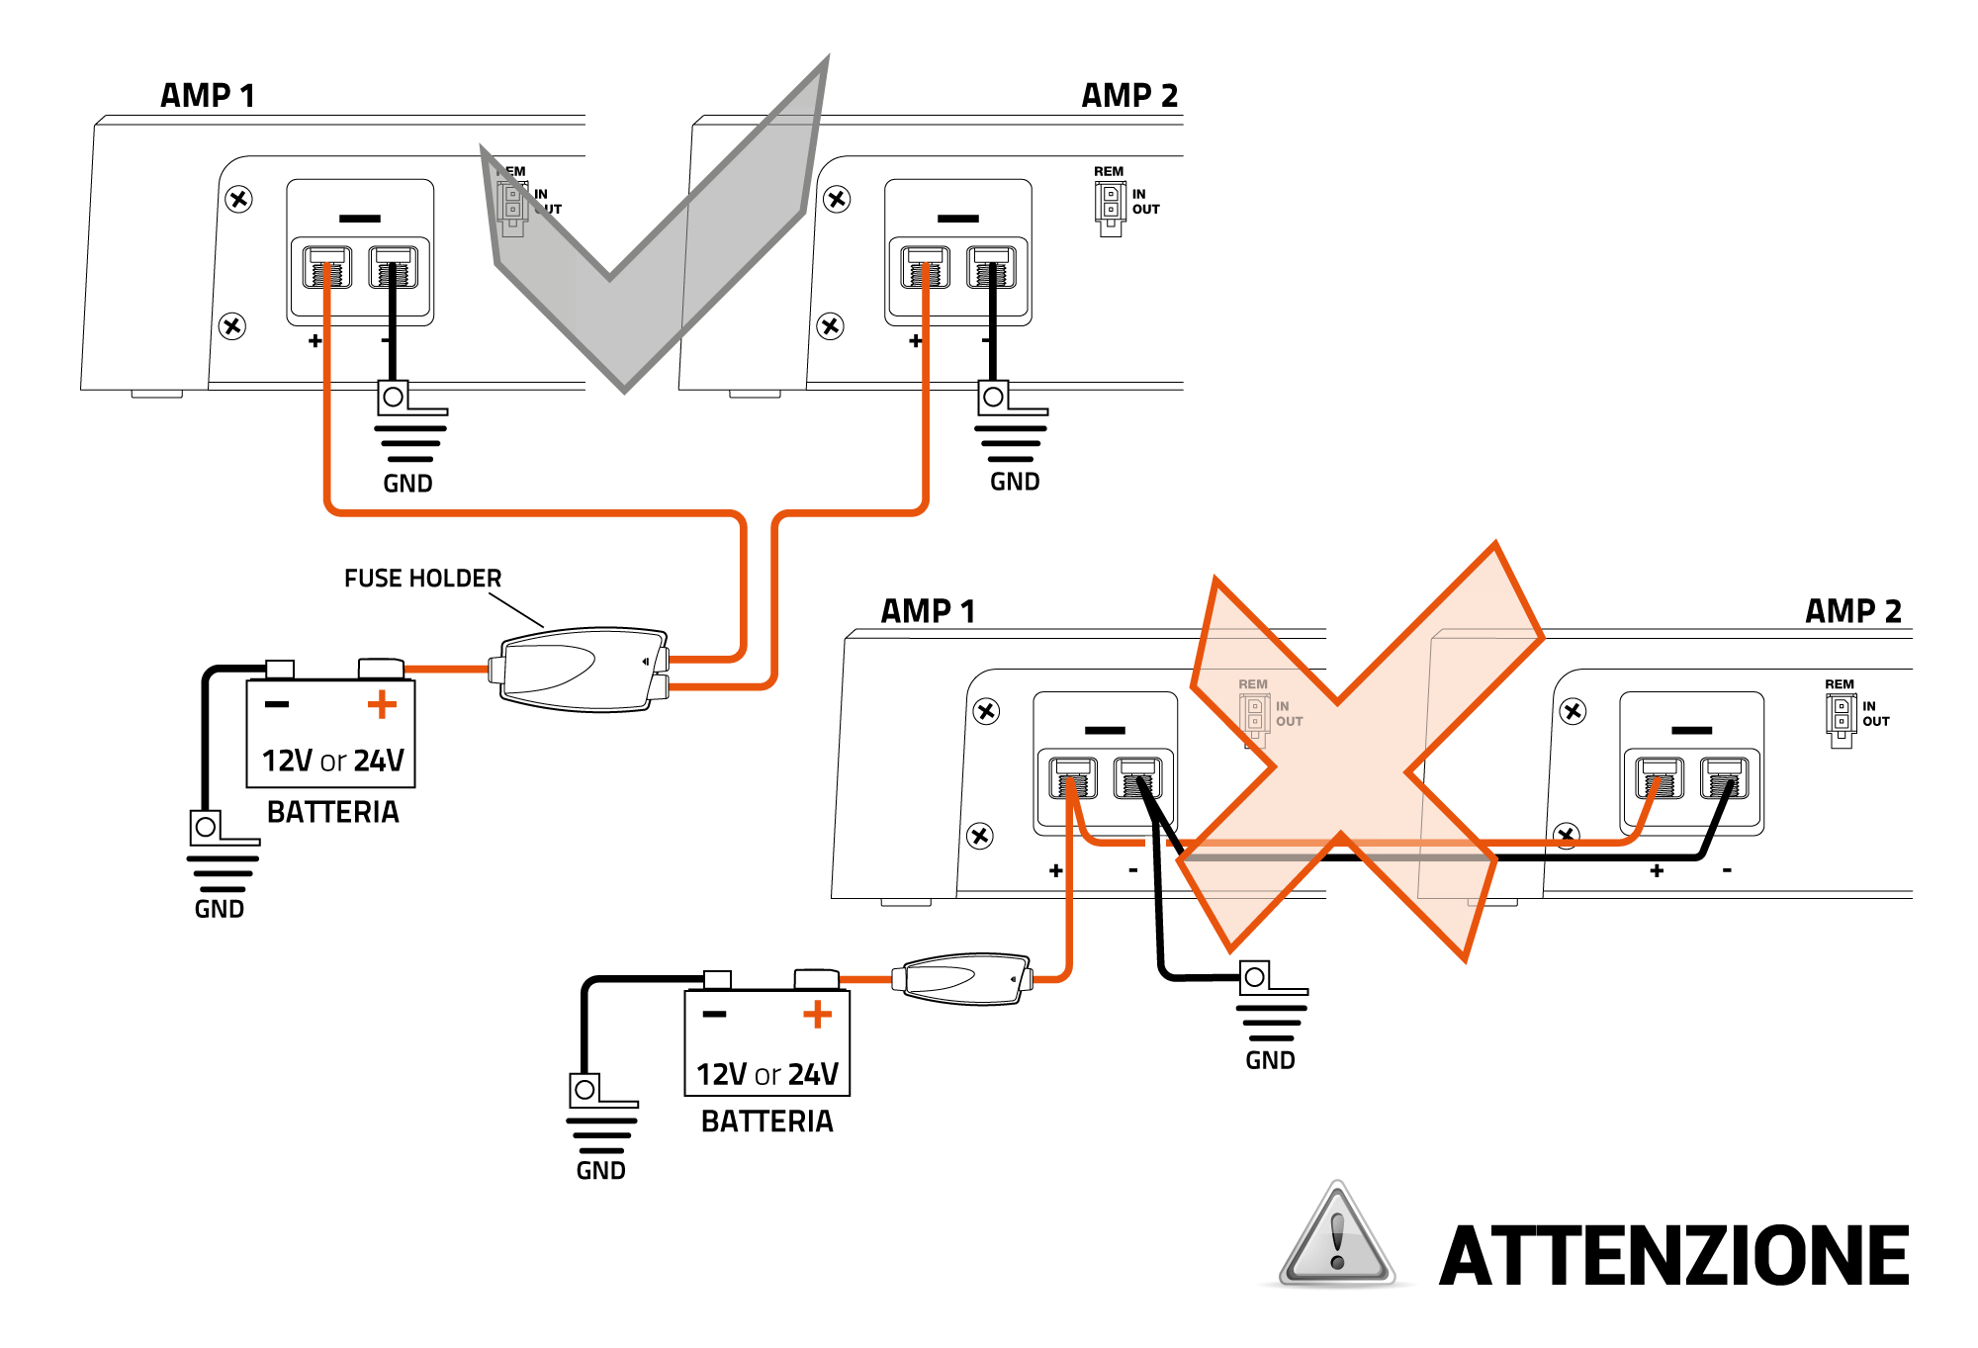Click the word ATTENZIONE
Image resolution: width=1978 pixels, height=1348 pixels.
[x=1673, y=1256]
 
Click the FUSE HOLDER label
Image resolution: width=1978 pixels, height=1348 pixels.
[x=422, y=579]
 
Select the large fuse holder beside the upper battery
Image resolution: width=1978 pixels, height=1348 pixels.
[x=581, y=670]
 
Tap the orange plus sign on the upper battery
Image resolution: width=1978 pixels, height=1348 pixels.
[x=382, y=705]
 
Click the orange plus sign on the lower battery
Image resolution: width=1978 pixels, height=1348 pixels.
[x=817, y=1015]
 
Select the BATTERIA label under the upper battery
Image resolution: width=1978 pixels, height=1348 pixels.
[x=333, y=812]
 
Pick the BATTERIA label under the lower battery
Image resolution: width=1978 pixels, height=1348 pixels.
[x=767, y=1122]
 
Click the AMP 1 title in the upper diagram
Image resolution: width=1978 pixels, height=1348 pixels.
[x=208, y=96]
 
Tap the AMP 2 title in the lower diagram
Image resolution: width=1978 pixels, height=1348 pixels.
[x=1852, y=611]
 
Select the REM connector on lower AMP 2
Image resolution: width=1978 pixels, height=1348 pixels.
[x=1840, y=716]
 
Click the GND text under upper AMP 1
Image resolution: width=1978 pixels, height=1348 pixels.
[x=407, y=484]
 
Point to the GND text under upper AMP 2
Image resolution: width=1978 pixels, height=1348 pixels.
[x=1015, y=482]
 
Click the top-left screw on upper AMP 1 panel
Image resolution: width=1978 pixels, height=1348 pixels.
[x=238, y=199]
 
